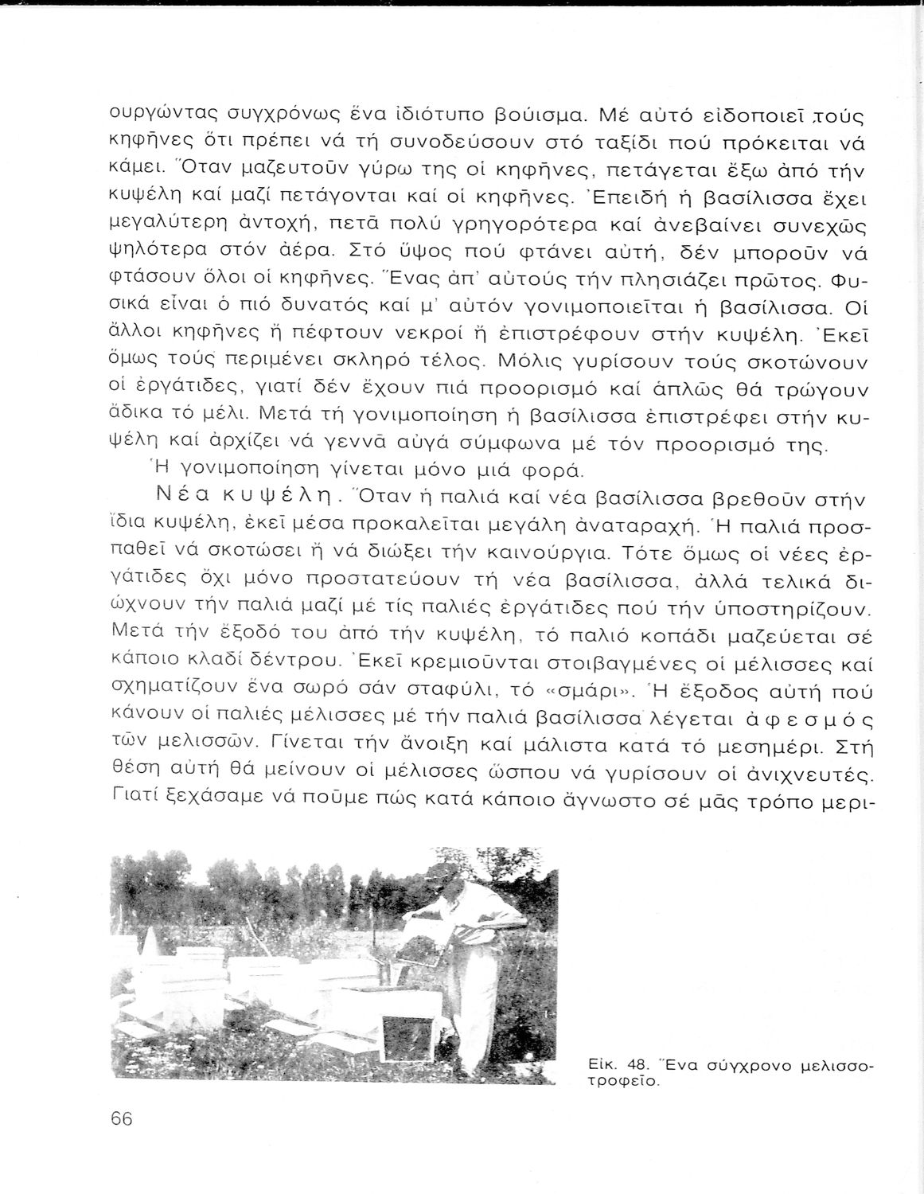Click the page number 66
pyautogui.click(x=121, y=1118)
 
